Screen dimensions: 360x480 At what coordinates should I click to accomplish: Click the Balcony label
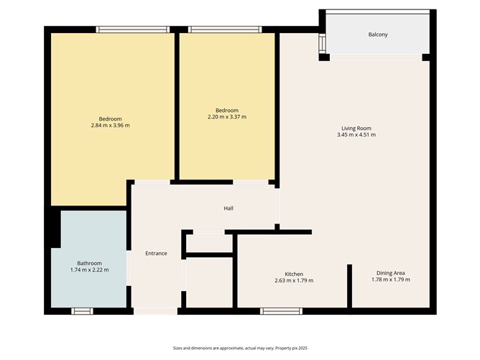point(378,34)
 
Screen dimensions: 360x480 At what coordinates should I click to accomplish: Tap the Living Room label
point(357,128)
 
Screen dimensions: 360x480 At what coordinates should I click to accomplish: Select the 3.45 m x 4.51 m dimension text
point(357,134)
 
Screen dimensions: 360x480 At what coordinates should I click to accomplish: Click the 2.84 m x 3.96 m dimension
point(110,125)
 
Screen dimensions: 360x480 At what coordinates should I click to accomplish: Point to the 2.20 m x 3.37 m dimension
point(226,116)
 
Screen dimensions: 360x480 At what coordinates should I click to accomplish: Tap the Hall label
point(229,208)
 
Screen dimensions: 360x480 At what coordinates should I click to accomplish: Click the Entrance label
point(156,253)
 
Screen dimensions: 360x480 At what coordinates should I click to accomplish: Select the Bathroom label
point(90,263)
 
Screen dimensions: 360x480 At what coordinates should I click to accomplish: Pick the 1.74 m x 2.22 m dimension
point(90,269)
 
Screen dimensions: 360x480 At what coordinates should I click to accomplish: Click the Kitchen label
point(294,274)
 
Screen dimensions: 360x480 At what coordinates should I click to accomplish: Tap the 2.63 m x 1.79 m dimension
point(294,280)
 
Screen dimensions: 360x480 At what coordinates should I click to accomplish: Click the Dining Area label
point(391,273)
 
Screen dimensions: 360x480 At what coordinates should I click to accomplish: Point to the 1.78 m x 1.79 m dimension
point(391,280)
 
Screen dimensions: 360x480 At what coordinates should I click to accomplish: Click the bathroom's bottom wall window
point(83,310)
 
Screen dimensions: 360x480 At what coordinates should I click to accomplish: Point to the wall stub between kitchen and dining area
point(350,286)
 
